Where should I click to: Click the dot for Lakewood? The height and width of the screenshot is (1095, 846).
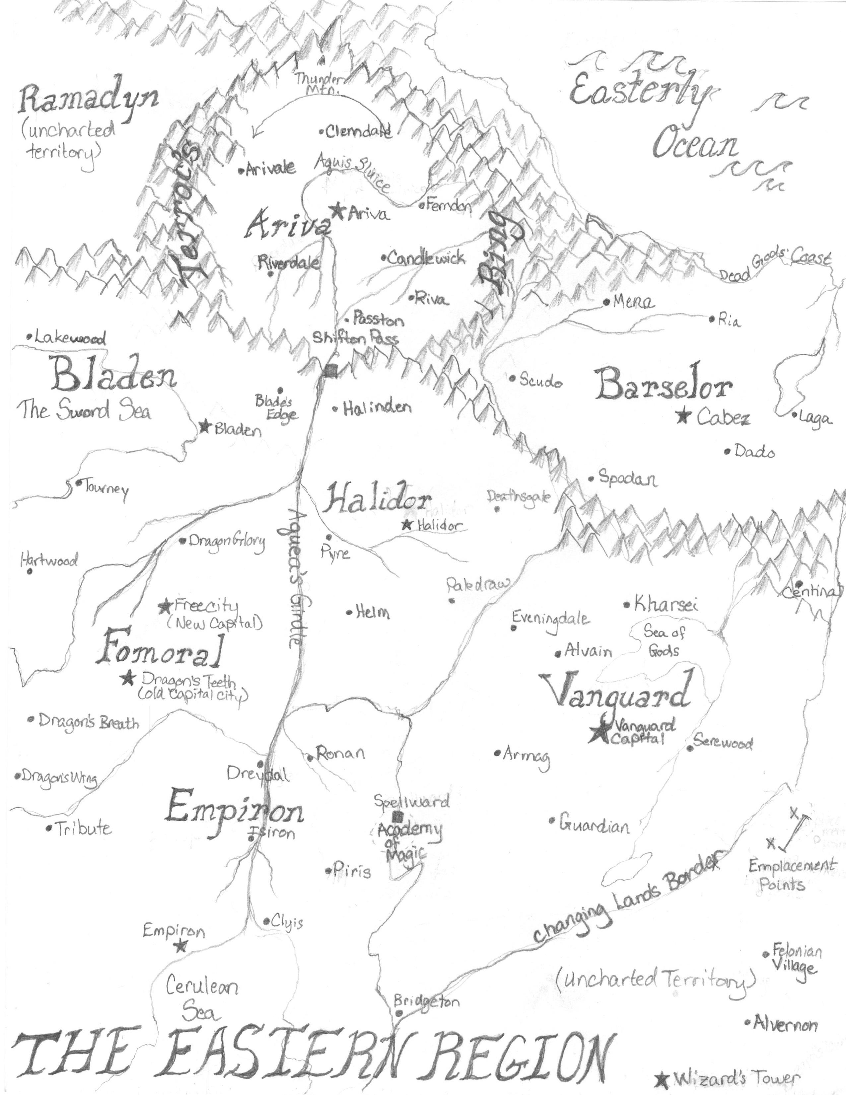(x=29, y=337)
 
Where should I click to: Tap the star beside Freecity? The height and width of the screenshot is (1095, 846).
(x=163, y=607)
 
